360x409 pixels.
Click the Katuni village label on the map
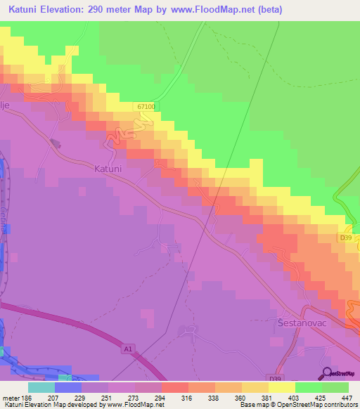tap(108, 169)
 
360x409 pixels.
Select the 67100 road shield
tap(146, 105)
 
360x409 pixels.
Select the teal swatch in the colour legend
tap(41, 387)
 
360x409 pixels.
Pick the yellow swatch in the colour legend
tap(282, 387)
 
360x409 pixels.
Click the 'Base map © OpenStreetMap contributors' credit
tap(297, 405)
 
